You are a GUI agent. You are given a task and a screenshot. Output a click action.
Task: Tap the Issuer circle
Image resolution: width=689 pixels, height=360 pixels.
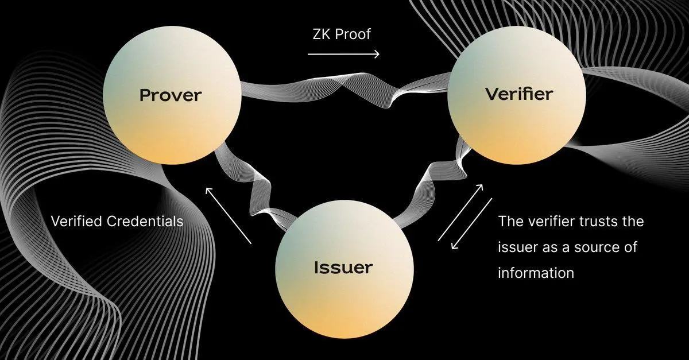[343, 276]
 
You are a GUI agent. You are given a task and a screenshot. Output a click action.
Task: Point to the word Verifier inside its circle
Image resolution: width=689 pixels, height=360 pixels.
[518, 94]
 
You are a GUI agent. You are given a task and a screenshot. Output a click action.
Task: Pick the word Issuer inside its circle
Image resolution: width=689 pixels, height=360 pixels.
[343, 267]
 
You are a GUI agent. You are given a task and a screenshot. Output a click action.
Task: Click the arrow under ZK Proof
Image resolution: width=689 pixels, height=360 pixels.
[343, 55]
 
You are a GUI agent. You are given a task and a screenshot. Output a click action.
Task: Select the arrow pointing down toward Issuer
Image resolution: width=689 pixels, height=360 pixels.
[472, 224]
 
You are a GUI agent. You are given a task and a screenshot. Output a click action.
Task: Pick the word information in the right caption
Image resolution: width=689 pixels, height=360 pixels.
[536, 273]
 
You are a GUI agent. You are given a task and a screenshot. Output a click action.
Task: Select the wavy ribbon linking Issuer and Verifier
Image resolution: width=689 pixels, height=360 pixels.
[436, 184]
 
